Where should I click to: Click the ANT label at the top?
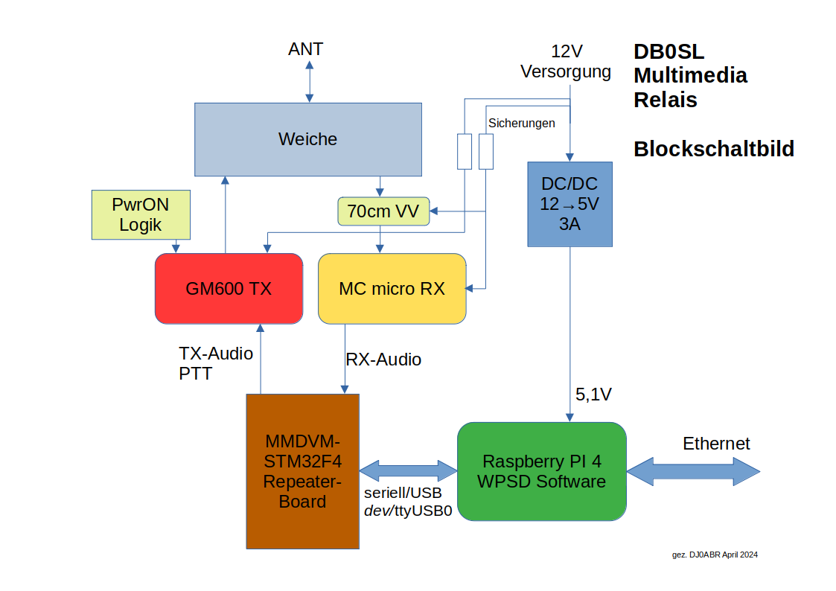coord(306,50)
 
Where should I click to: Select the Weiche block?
coord(307,139)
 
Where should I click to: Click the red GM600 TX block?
coord(229,289)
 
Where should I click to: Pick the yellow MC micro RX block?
coord(392,289)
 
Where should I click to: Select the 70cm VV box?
coord(383,212)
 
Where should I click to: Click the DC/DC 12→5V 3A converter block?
coord(569,204)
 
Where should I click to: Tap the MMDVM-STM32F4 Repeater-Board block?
coord(302,471)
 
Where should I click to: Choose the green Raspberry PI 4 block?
coord(541,471)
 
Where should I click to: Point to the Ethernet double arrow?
coord(693,471)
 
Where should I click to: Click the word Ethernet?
coord(716,444)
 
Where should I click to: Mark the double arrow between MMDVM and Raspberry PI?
coord(408,471)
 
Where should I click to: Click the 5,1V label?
coord(593,395)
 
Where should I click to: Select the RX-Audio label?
coord(383,360)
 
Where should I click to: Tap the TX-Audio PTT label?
coord(216,363)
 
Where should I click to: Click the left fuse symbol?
coord(465,151)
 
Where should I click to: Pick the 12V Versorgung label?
coord(566,62)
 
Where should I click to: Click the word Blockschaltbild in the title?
coord(713,149)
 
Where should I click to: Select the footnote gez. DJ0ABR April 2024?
coord(715,555)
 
